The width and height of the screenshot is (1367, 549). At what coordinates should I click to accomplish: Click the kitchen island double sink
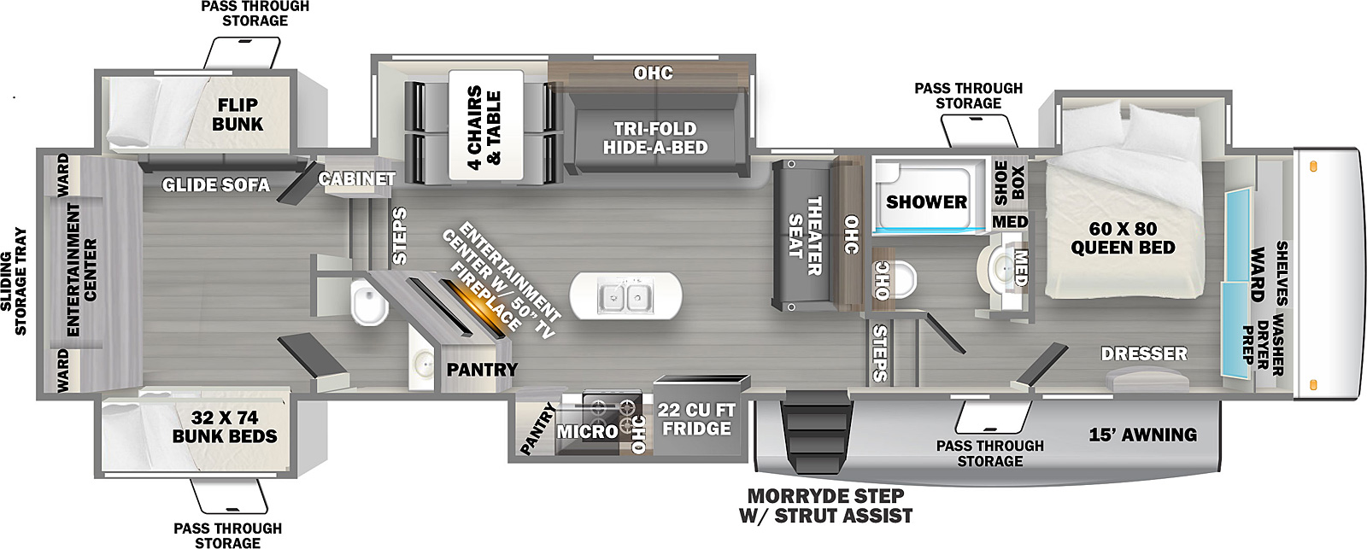(x=625, y=297)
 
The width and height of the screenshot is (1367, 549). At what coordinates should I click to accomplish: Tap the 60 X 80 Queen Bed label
(x=1123, y=238)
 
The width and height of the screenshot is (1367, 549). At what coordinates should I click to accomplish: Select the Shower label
(x=926, y=202)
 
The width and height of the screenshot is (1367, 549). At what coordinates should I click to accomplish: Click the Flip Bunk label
(x=238, y=114)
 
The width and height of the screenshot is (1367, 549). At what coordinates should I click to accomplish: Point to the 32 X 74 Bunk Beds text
(x=224, y=427)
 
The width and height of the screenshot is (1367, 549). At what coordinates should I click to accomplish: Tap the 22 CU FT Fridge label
(x=696, y=419)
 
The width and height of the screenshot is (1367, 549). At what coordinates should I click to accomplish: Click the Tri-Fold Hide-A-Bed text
(x=654, y=137)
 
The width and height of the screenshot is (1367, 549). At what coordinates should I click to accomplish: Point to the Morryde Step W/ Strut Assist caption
(x=825, y=505)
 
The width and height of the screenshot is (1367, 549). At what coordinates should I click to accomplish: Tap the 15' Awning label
(x=1142, y=435)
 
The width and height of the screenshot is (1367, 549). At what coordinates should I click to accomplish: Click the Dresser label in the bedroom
(x=1143, y=353)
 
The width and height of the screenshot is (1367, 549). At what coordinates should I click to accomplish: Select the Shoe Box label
(x=1008, y=182)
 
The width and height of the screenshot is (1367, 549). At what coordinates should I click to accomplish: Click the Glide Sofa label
(x=215, y=184)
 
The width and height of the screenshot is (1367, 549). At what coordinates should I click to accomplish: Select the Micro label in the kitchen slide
(x=587, y=431)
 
